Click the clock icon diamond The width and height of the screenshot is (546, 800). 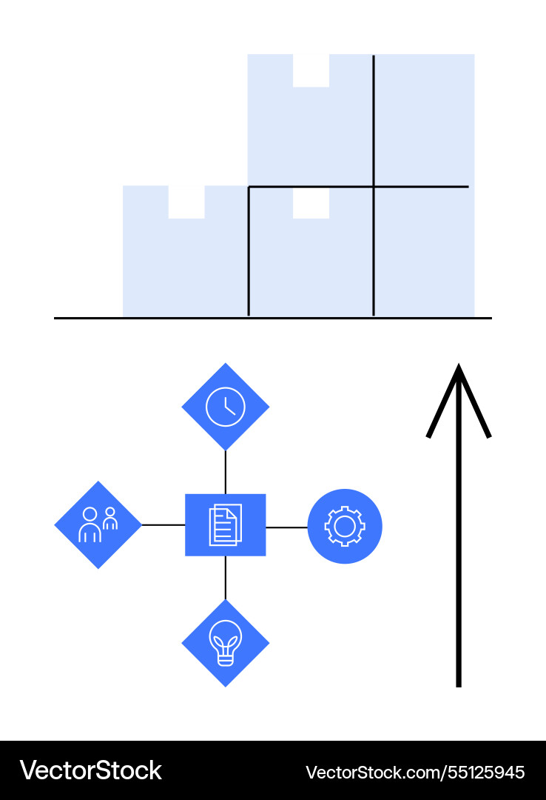pos(226,407)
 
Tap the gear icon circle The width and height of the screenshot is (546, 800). pos(345,526)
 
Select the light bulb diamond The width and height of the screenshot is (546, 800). pos(226,643)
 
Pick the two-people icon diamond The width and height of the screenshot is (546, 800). pos(98,525)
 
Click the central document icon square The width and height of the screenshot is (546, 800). pos(226,525)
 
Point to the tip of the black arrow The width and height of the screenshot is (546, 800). pos(459,366)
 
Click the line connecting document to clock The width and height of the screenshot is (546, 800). pos(226,472)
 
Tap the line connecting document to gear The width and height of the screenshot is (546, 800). pos(286,527)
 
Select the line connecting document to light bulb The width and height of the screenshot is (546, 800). pos(226,578)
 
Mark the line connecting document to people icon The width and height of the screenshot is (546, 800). pos(163,525)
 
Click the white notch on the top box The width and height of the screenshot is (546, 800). pos(311,70)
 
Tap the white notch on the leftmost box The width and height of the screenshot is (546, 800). pos(186,201)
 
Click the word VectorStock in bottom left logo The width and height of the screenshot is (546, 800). pos(90,770)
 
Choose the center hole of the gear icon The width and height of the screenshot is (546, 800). pos(345,526)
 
